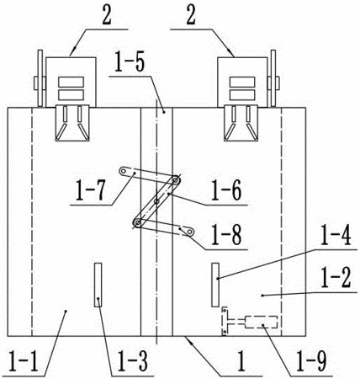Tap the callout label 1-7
(x=91, y=190)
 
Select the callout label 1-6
(x=226, y=191)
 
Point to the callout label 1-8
(x=226, y=235)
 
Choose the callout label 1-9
(x=311, y=362)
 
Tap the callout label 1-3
(x=132, y=362)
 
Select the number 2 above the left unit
(x=107, y=16)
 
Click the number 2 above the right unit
(x=191, y=16)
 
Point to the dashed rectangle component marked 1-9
(x=262, y=322)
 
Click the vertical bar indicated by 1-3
(x=98, y=285)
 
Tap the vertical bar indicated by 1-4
(x=215, y=285)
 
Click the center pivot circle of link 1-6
(x=156, y=201)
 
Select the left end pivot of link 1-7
(x=123, y=171)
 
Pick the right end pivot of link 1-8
(x=190, y=232)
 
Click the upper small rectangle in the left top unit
(x=71, y=82)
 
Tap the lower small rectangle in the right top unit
(x=242, y=95)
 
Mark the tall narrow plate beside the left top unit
(x=40, y=78)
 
